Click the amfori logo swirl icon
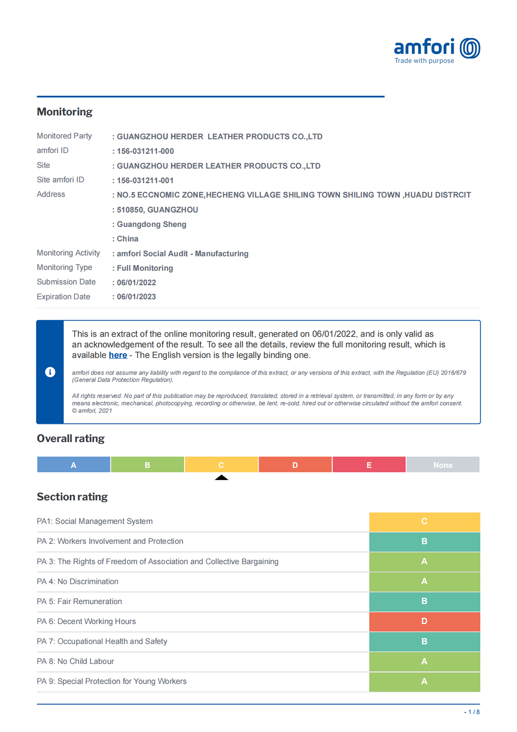(x=470, y=48)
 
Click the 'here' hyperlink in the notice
(x=118, y=355)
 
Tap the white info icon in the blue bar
(x=50, y=372)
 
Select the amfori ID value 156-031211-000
(x=145, y=151)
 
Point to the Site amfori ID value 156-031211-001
(x=145, y=180)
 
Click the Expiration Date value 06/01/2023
(x=136, y=297)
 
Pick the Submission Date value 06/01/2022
(x=136, y=283)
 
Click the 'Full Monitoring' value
(x=145, y=268)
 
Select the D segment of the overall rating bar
(x=295, y=465)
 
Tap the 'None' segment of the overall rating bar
(x=443, y=465)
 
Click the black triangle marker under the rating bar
(x=221, y=478)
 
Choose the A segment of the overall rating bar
(x=74, y=465)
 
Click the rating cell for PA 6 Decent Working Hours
(x=424, y=621)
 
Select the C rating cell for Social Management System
(x=424, y=522)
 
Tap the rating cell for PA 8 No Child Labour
(x=424, y=661)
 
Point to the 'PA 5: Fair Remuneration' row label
(x=79, y=601)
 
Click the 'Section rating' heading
(x=72, y=496)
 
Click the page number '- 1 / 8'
(x=472, y=712)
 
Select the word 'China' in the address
(x=128, y=239)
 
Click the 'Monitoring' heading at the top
(x=65, y=112)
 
